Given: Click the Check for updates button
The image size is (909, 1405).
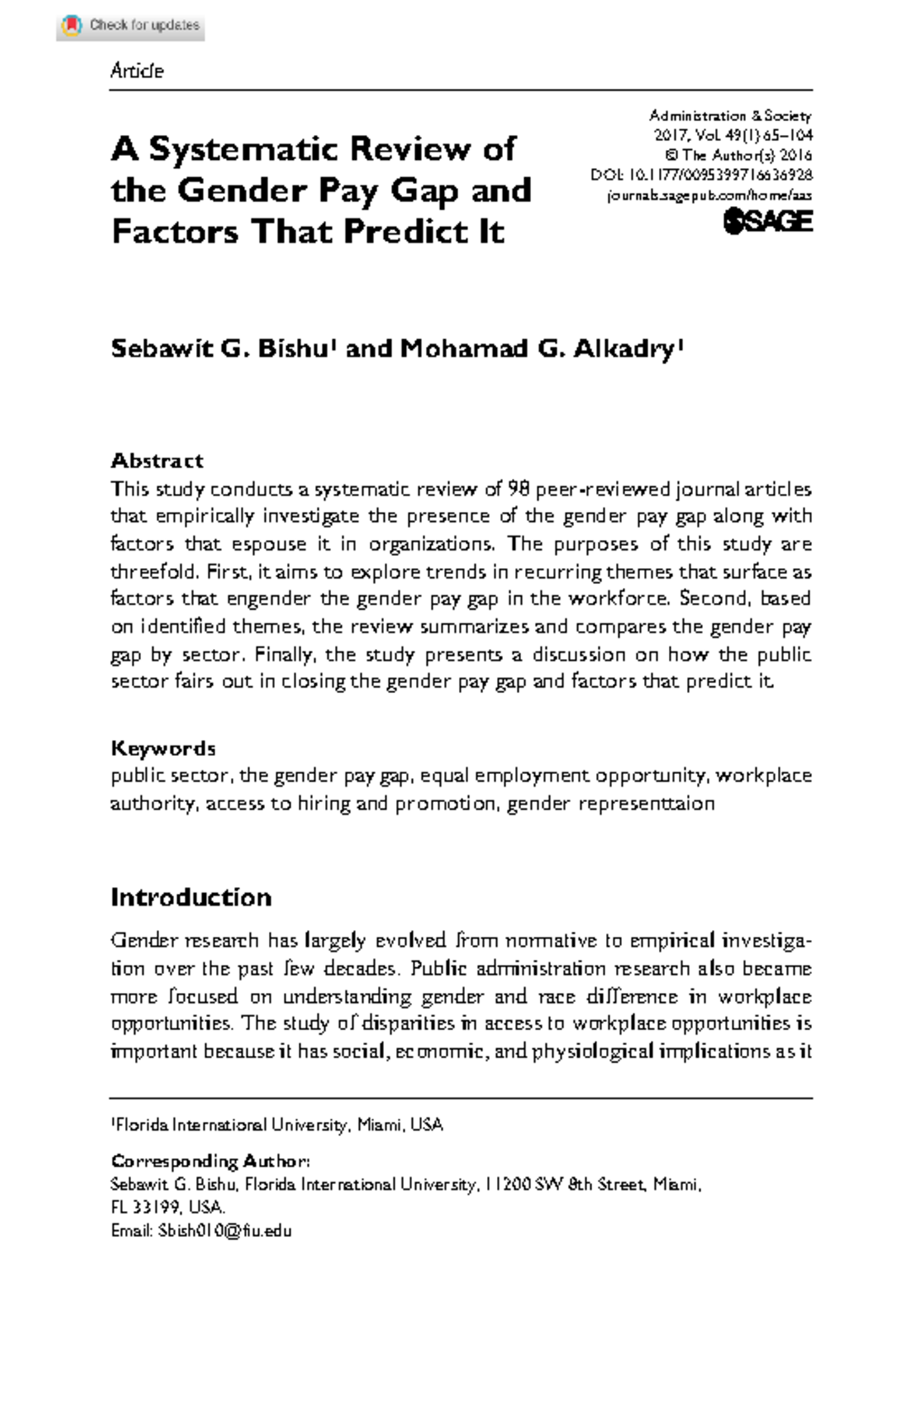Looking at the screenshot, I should [130, 26].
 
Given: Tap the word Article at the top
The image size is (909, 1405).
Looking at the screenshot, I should [136, 70].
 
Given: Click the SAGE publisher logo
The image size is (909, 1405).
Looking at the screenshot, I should [767, 221].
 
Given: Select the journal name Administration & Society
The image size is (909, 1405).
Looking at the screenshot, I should [729, 116].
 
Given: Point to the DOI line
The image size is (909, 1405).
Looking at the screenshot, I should [701, 175].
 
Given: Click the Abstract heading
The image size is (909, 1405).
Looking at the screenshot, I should [157, 461].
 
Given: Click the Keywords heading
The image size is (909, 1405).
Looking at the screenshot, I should [163, 748].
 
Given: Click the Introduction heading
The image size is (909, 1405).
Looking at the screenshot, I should [191, 897].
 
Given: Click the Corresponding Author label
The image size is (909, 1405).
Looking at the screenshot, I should [210, 1161].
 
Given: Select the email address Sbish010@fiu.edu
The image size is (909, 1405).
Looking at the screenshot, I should [224, 1231].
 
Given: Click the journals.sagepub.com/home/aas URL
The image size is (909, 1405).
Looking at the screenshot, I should [710, 195].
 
